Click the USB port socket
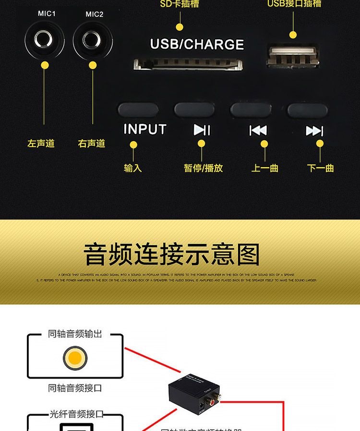click(292, 57)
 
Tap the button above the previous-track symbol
click(251, 110)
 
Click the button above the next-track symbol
click(307, 110)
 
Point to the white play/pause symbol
click(202, 130)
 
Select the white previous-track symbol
click(258, 130)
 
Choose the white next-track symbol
click(314, 131)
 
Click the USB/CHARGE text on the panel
click(197, 45)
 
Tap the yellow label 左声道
click(41, 143)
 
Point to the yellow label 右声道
click(91, 143)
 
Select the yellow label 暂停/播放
click(203, 168)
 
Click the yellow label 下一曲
click(320, 168)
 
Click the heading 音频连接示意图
click(171, 255)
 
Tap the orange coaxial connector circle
click(75, 358)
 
